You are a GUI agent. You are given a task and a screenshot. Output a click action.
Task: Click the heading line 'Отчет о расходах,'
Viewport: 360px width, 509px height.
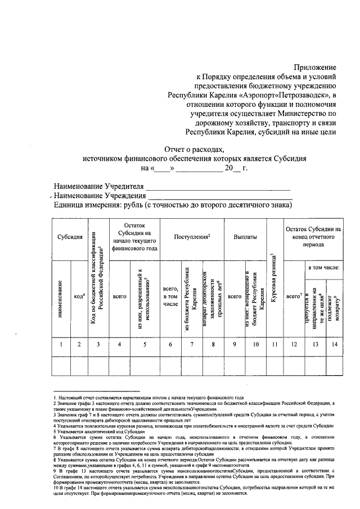(194, 149)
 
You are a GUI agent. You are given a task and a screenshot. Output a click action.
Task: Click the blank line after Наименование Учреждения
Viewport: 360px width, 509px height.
(219, 197)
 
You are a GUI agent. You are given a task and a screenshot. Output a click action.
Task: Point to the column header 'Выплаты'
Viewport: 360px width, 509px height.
(245, 237)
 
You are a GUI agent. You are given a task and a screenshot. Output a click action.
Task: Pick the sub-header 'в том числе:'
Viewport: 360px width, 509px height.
(322, 268)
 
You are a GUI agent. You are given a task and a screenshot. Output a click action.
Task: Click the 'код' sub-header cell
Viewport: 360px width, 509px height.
(79, 296)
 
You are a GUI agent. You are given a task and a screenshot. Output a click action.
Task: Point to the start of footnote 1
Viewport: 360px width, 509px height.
(55, 397)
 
